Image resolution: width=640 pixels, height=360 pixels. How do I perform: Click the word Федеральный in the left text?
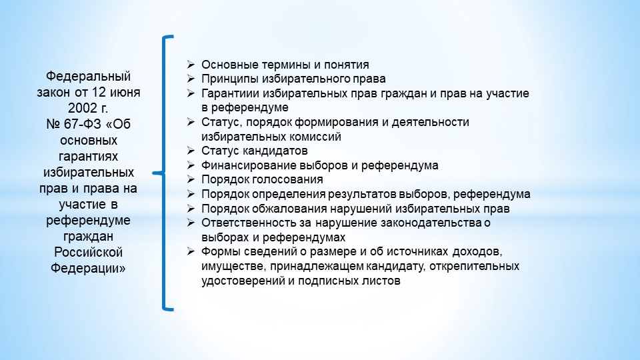click(88, 76)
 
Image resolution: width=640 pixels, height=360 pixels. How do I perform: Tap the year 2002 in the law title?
click(81, 108)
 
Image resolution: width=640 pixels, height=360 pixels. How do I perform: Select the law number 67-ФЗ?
click(83, 124)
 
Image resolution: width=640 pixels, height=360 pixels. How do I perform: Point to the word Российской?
click(88, 252)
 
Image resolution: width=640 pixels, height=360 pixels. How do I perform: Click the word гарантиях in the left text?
click(88, 156)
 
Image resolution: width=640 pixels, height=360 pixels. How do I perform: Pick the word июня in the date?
click(125, 92)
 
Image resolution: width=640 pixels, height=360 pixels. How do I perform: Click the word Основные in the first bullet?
click(229, 65)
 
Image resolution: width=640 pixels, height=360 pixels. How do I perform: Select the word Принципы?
click(229, 79)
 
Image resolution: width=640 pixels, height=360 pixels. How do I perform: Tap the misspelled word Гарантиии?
click(230, 93)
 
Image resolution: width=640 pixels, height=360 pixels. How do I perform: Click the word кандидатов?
click(275, 151)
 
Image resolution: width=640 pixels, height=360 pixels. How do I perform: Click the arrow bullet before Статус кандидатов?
click(191, 151)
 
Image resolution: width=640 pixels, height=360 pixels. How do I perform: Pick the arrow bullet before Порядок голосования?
click(191, 179)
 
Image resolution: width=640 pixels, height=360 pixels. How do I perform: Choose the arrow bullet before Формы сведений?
click(191, 251)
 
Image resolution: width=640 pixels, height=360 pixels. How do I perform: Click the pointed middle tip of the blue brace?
click(153, 173)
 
